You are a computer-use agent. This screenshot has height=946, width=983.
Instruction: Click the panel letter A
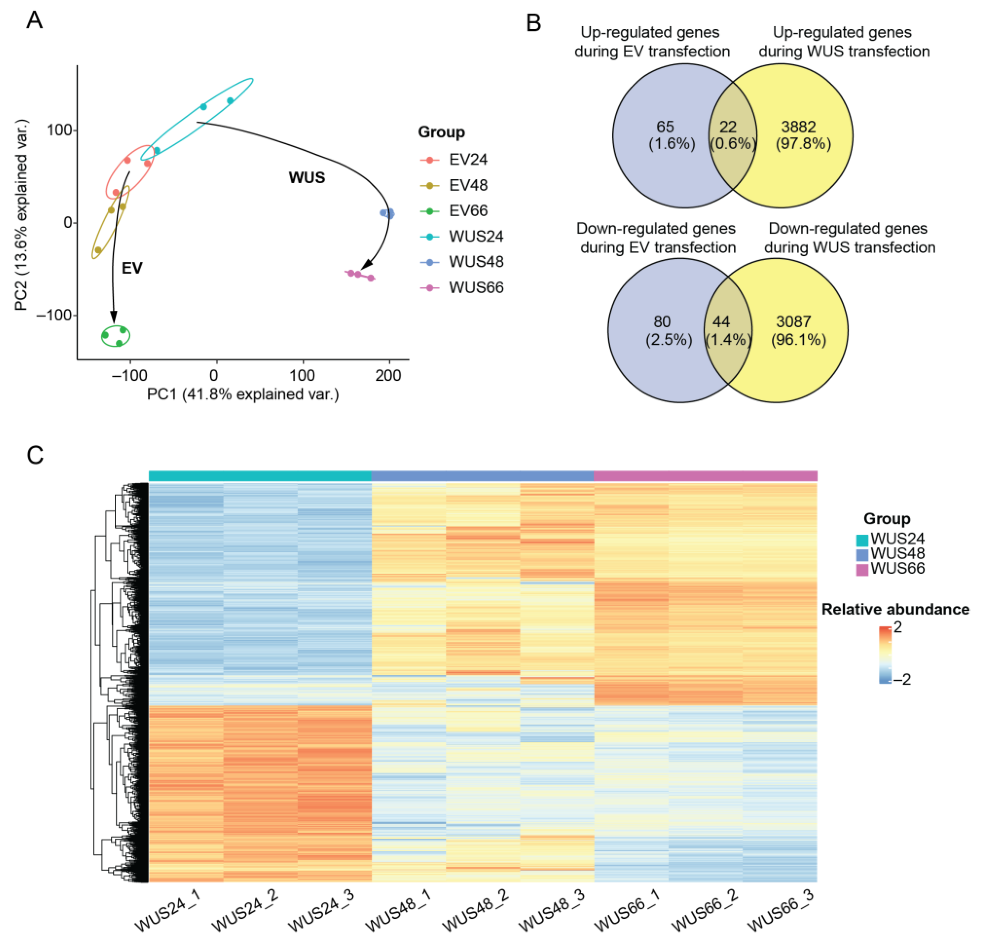pos(35,20)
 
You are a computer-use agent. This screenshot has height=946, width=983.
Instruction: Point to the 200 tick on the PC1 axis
pos(388,376)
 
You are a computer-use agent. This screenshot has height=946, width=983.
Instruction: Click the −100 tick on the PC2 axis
pos(54,315)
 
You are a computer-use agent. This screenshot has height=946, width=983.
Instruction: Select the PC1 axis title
pos(243,394)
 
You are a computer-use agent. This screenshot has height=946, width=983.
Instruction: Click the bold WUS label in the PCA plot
pos(306,178)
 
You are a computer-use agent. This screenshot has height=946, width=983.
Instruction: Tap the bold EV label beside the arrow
pos(132,268)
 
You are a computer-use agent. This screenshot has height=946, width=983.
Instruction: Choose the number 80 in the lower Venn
pos(662,322)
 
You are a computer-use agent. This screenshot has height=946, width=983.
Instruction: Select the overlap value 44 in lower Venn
pos(721,322)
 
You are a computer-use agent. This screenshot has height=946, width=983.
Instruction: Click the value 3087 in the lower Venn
pos(793,322)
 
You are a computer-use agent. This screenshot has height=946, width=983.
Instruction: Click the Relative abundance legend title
pos(895,609)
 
